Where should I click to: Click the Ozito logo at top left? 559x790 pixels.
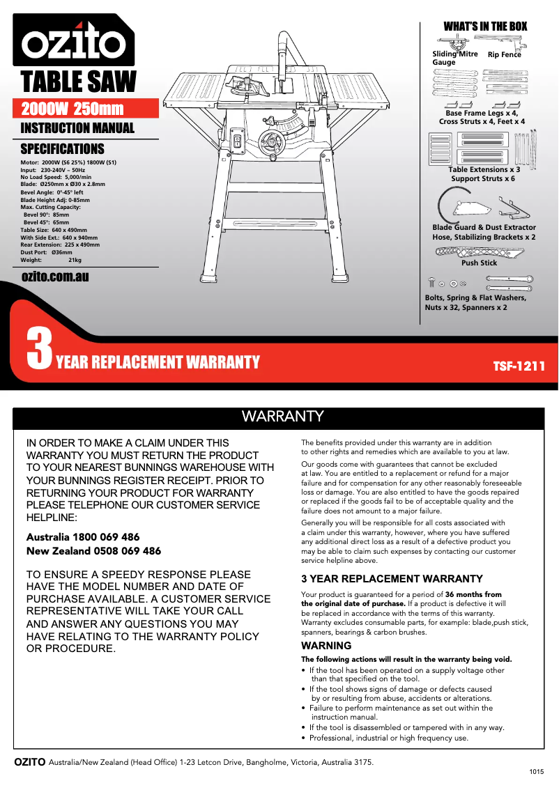72,44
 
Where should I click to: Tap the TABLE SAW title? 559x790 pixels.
78,82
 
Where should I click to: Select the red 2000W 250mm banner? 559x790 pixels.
72,109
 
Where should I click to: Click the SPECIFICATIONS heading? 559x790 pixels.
62,149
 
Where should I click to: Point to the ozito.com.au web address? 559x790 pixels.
55,277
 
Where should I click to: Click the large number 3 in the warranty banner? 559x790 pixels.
39,350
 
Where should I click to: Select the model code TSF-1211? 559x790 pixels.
519,366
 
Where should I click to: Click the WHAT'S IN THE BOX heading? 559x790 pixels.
485,26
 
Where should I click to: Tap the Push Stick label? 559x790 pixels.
479,263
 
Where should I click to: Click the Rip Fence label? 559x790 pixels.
504,55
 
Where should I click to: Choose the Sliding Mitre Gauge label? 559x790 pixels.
454,58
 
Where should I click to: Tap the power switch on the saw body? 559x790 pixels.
237,144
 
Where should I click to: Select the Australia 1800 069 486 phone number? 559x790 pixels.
83,537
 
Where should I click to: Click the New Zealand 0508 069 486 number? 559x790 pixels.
93,551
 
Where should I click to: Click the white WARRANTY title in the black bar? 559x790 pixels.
282,417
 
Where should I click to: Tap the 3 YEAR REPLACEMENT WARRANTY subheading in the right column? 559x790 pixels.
392,579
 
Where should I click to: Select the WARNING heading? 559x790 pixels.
326,646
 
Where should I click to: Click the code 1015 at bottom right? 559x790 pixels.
536,773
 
